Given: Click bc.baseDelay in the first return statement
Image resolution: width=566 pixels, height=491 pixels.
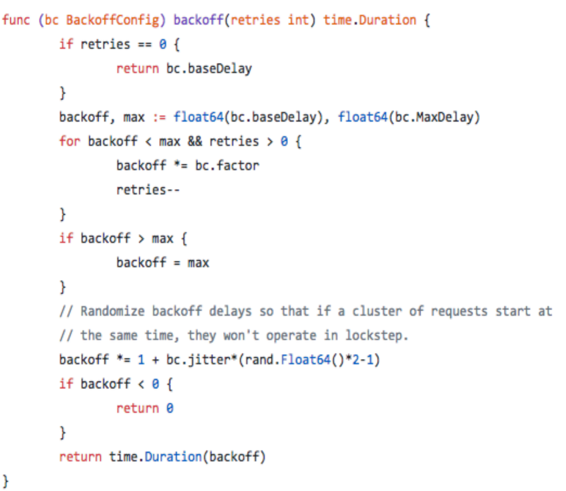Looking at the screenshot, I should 209,68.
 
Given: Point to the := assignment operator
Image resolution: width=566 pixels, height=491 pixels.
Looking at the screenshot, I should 160,118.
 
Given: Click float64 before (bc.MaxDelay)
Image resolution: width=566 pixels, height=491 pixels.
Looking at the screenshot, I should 362,118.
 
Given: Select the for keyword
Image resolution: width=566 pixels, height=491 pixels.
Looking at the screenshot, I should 69,141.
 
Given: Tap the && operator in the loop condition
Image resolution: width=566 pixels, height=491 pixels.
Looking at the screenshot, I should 195,141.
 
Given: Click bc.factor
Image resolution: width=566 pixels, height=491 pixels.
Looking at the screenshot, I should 227,165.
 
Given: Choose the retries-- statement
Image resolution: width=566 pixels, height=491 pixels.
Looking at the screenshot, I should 148,190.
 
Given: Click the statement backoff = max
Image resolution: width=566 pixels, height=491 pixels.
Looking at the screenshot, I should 162,263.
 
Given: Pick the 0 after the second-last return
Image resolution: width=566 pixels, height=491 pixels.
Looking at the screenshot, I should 169,408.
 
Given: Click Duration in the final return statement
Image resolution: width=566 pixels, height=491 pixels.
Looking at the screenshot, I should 173,456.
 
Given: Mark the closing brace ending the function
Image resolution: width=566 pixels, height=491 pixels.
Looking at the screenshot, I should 6,481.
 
